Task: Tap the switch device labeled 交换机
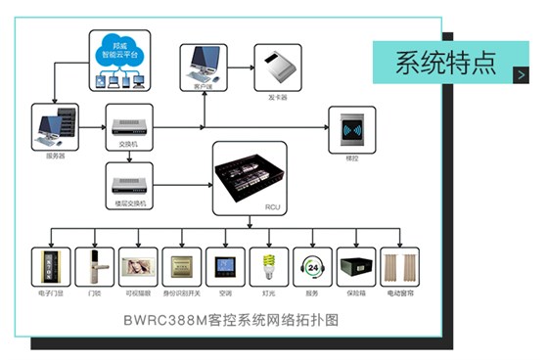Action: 123,124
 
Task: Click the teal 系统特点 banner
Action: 445,62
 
